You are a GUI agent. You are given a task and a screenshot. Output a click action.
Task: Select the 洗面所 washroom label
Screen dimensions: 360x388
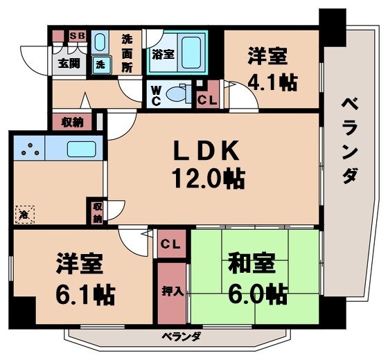tap(127, 53)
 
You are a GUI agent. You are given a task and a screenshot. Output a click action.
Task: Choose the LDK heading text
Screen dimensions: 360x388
tap(206, 150)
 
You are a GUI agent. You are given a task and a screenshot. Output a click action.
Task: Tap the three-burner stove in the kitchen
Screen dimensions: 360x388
tap(28, 148)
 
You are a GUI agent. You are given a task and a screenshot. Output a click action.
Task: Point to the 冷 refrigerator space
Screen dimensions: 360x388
tap(25, 215)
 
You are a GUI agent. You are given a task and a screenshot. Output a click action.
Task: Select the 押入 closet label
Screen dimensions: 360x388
tap(173, 291)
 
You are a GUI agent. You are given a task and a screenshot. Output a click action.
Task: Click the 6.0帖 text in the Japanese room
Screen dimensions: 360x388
tap(257, 294)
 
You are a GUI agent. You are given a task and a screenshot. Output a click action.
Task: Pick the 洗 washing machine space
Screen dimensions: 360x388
tap(101, 64)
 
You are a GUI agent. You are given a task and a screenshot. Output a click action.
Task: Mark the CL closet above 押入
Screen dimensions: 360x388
tap(172, 244)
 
